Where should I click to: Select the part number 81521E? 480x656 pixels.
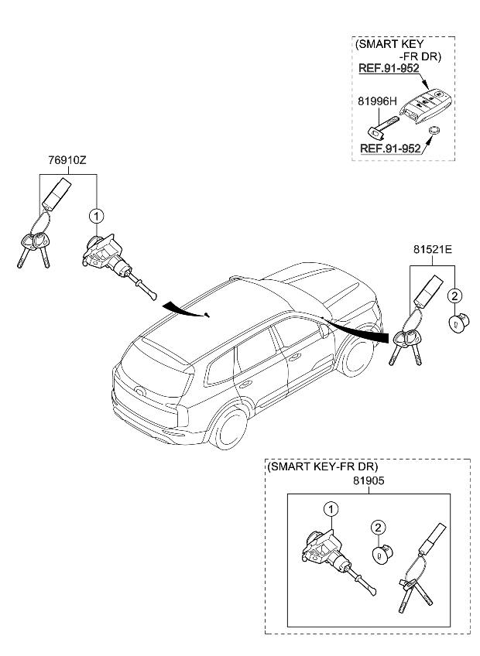point(432,250)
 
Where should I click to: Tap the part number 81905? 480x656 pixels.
point(368,480)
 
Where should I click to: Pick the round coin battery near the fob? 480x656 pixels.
point(435,132)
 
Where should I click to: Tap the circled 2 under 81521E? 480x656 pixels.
point(454,295)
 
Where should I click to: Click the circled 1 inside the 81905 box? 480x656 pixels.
point(331,508)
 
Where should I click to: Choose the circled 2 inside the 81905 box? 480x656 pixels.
point(378,528)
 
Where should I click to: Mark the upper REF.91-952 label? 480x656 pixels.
point(389,68)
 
